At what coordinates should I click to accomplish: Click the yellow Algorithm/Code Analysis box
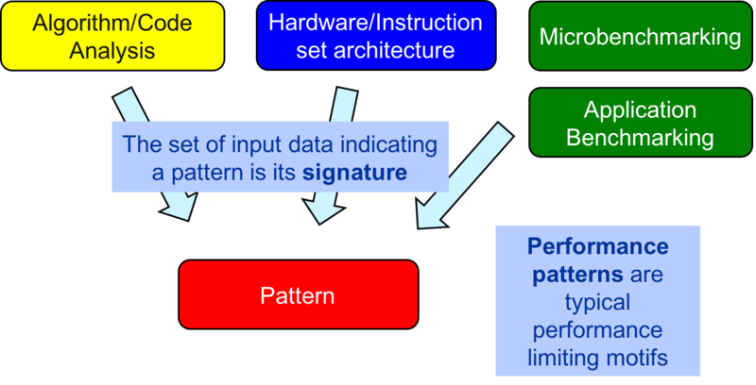coord(112,35)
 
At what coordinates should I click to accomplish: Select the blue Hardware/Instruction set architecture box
coord(376,35)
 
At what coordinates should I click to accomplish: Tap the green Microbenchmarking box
coord(640,36)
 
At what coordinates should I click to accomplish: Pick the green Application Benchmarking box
coord(640,123)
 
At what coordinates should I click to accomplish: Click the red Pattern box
coord(298,295)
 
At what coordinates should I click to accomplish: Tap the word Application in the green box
coord(640,110)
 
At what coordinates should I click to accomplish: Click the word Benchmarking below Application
coord(640,137)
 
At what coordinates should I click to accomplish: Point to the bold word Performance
coord(597,247)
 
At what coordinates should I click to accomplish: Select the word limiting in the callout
coord(571,359)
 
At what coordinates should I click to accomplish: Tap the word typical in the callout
coord(597,303)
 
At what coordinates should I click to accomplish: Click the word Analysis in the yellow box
coord(112,49)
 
